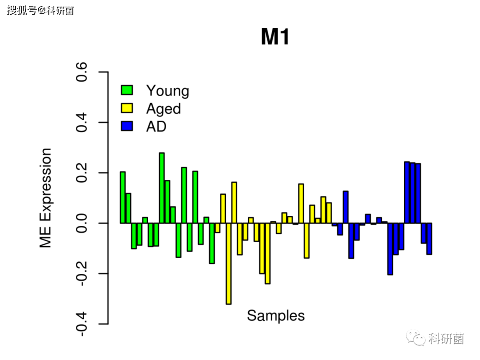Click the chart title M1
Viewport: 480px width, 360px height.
click(x=275, y=37)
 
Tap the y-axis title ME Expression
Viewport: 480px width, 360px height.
click(x=46, y=198)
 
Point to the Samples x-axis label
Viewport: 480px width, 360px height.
click(x=276, y=316)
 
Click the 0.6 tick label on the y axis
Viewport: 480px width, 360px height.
click(x=81, y=72)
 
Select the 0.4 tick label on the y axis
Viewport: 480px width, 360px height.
click(x=81, y=123)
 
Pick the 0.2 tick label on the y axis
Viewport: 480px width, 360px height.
click(x=81, y=172)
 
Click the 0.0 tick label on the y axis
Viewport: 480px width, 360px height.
click(x=81, y=223)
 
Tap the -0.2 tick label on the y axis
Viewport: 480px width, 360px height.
click(x=81, y=273)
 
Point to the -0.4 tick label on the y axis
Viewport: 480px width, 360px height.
click(x=81, y=324)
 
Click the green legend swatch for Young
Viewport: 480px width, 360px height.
click(x=127, y=90)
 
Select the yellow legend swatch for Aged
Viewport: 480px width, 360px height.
click(x=127, y=108)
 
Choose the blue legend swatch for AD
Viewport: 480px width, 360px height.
click(x=127, y=126)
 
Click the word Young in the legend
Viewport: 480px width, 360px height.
click(x=168, y=91)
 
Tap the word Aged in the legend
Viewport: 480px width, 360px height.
click(x=164, y=109)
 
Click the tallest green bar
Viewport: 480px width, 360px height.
click(x=162, y=188)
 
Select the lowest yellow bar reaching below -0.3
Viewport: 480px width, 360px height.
click(x=228, y=264)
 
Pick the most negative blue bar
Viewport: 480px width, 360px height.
click(x=390, y=249)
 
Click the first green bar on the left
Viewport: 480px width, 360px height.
click(x=123, y=197)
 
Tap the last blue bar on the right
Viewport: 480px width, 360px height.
click(x=429, y=239)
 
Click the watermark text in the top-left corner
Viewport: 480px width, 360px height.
click(x=40, y=10)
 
